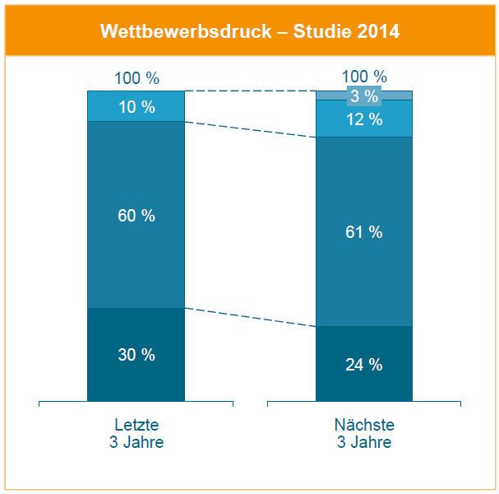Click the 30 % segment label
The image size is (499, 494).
(136, 355)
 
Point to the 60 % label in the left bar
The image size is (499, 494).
(136, 216)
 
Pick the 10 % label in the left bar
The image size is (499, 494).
(136, 106)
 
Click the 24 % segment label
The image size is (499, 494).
(364, 365)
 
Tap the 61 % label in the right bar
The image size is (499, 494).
(364, 232)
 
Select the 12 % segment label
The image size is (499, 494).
(364, 119)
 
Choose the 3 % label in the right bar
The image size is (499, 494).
(364, 96)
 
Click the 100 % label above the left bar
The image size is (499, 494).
(136, 80)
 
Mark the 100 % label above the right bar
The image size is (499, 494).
(364, 77)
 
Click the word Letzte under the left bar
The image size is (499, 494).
(136, 425)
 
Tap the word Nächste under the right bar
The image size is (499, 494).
(364, 425)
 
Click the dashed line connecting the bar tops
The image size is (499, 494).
(251, 91)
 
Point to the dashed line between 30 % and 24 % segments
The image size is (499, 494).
(251, 317)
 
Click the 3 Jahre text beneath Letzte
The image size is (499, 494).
(136, 442)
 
